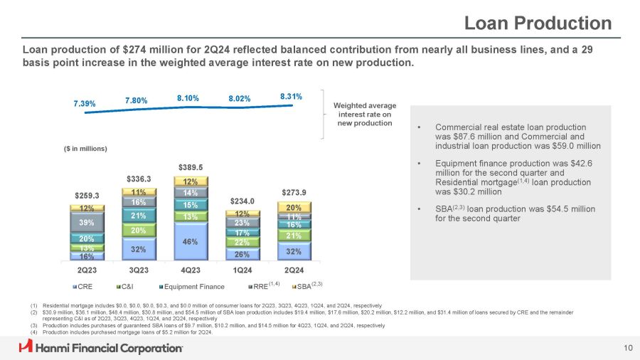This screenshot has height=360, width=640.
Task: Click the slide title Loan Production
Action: [537, 23]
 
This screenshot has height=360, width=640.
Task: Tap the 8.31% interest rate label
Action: [292, 95]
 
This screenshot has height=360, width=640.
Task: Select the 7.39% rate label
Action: [86, 103]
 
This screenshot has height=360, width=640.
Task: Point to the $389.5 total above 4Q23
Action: [191, 167]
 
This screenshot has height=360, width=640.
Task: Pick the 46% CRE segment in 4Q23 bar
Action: [191, 242]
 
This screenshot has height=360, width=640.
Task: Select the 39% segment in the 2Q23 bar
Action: [87, 223]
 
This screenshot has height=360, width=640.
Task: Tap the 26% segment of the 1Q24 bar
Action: [242, 254]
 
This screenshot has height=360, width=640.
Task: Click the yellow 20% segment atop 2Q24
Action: [294, 207]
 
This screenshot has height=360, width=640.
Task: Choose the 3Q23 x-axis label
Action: [139, 270]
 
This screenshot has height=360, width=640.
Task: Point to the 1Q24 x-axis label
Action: [242, 270]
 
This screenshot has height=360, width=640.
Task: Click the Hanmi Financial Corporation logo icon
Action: [26, 346]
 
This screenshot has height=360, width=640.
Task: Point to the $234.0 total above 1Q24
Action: [242, 202]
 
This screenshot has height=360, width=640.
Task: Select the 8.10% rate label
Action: [190, 98]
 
